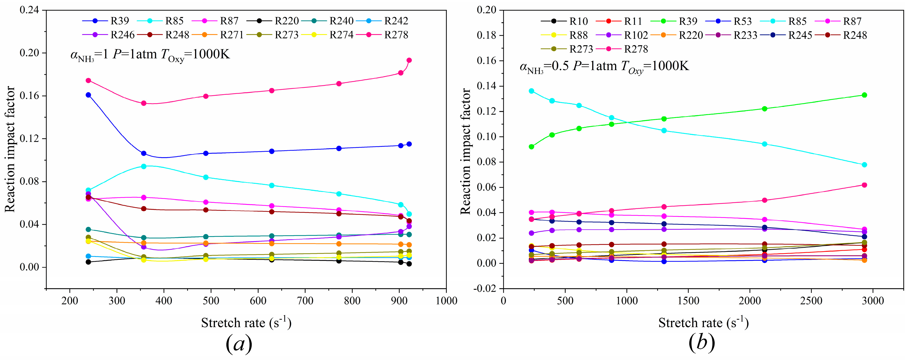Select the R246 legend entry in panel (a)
coord(122,35)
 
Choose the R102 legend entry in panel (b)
coord(636,35)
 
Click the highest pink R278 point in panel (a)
coord(409,60)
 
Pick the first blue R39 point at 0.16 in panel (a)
coord(88,95)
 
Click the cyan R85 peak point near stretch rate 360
coord(144,166)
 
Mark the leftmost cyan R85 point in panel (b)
coord(531,91)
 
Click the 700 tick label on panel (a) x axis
coord(305,301)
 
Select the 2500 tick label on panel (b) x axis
coord(811,301)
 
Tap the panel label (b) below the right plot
coord(702,343)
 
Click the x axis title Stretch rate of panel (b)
coord(703,322)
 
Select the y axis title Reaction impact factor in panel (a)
coord(10,149)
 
